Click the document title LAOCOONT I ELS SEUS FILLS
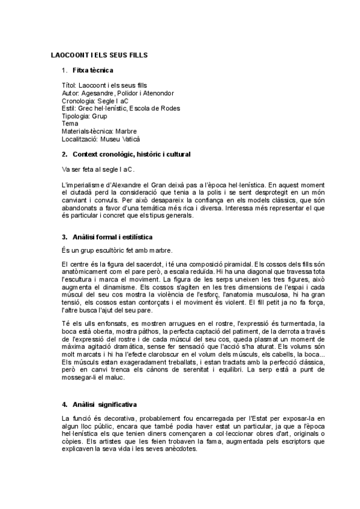pyautogui.click(x=99, y=55)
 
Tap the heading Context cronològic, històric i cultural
pyautogui.click(x=131, y=155)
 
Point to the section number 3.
pyautogui.click(x=65, y=237)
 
